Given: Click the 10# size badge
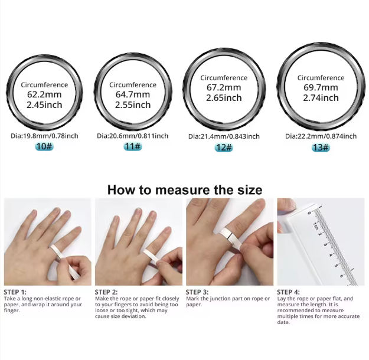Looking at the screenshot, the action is [44, 146].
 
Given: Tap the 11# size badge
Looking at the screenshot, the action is [133, 146].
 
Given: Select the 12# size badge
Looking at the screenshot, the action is [224, 148].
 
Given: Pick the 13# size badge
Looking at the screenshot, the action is [321, 148].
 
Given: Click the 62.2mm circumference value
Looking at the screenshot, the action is [44, 94].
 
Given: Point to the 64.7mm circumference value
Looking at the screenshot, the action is [133, 94].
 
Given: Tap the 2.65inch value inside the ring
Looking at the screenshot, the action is [224, 97].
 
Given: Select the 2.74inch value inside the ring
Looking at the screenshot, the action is [321, 97].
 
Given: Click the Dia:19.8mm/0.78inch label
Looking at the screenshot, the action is [44, 136].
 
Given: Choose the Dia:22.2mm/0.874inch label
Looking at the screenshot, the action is [321, 136].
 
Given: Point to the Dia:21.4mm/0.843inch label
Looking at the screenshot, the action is [224, 136].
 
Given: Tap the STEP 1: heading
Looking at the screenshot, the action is [15, 292].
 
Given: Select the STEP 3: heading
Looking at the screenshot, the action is [197, 292].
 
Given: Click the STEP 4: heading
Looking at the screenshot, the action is [288, 292].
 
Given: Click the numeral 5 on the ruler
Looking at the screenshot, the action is [337, 266].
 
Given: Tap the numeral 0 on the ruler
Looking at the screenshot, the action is [309, 213].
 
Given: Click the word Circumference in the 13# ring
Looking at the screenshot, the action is [321, 78].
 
